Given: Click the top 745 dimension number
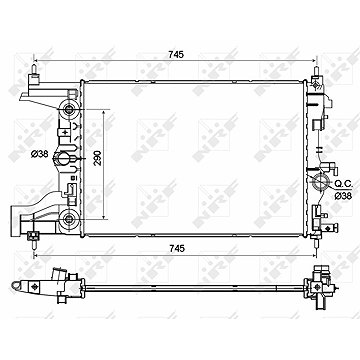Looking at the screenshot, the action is coord(176,55).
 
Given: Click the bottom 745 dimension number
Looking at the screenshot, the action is coord(176,248).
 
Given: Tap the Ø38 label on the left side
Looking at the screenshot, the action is coord(40,154).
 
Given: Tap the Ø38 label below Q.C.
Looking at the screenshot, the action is coord(343,196).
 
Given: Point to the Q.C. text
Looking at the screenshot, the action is coord(342,183).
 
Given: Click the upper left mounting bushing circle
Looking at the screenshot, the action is coord(69,109).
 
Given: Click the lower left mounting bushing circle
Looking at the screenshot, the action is coord(69,219).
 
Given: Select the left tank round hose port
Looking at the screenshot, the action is coord(62,158).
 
